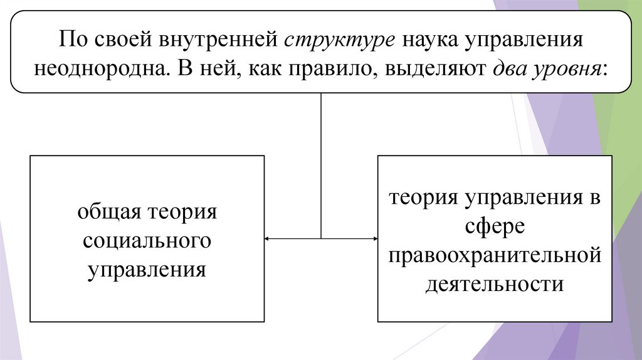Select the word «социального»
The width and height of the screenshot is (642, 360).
(147, 241)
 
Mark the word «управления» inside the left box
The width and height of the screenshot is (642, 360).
(147, 270)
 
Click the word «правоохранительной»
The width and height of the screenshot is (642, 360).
(495, 256)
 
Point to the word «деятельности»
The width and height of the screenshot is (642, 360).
(495, 285)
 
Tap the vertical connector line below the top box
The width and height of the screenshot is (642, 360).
(321, 163)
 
